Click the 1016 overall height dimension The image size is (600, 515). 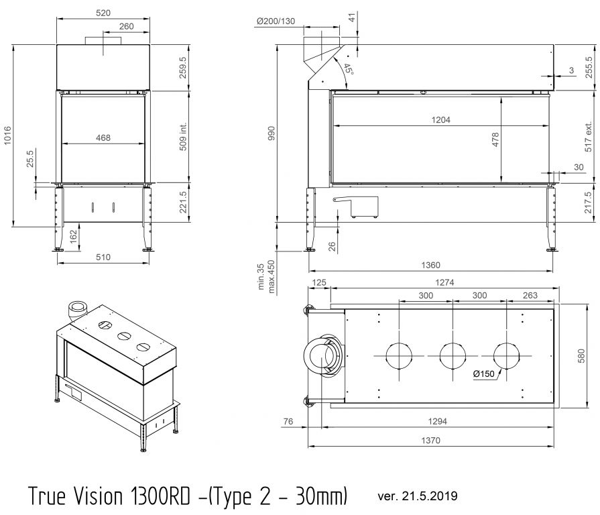8,135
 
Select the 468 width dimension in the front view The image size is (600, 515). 103,137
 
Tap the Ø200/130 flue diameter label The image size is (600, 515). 276,21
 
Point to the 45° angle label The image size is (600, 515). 348,69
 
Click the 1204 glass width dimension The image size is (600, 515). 441,120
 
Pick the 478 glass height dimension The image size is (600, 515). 495,139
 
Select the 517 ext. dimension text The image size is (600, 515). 589,137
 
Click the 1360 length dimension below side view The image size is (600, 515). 430,265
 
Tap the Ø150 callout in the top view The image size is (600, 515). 483,374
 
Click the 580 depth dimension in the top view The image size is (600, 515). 581,356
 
